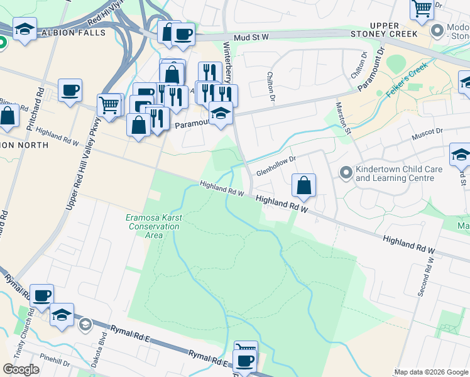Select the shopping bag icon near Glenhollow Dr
[303, 185]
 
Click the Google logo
[21, 369]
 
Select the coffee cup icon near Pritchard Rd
[70, 89]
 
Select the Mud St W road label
[251, 38]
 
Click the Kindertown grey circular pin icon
[345, 172]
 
